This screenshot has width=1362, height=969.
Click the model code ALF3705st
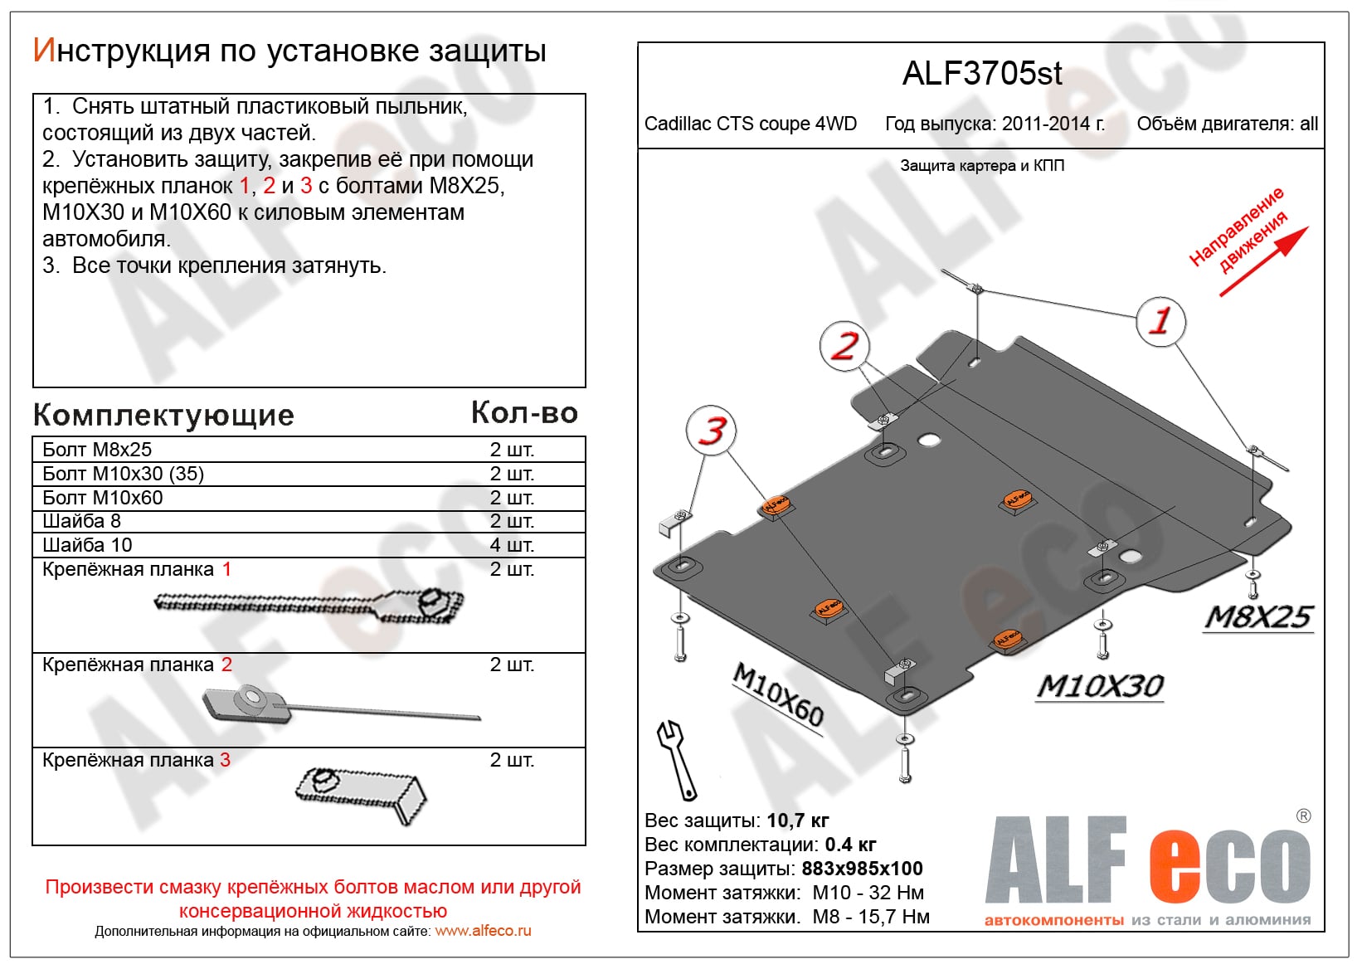tap(981, 74)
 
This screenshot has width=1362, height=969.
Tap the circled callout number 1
tap(1160, 321)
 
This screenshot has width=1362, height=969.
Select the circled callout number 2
tap(844, 346)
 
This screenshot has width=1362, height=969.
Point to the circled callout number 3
tap(711, 431)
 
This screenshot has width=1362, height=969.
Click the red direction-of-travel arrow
tap(1262, 261)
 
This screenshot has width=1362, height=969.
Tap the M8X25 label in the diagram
tap(1258, 617)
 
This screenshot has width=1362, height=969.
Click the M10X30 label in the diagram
tap(1100, 686)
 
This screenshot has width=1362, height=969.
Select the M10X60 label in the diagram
tap(778, 695)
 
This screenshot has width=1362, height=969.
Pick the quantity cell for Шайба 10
tap(512, 545)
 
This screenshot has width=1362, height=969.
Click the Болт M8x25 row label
tap(97, 450)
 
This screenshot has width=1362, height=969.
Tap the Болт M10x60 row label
tap(103, 498)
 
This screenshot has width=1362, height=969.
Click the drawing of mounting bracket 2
tap(340, 705)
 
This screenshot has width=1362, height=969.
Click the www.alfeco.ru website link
tap(483, 931)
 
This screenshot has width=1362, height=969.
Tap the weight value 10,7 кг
tap(797, 820)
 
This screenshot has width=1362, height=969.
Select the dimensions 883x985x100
tap(862, 869)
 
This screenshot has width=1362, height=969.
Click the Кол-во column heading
tap(524, 413)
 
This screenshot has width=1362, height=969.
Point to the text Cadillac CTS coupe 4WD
tap(750, 124)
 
